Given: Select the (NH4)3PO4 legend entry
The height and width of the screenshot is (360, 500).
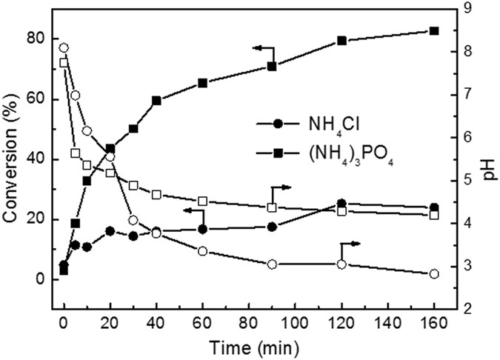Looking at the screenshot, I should tap(322, 153).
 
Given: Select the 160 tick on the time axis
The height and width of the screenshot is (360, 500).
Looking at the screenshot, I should tap(434, 322).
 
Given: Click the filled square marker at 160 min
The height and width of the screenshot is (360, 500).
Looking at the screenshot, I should tap(434, 31).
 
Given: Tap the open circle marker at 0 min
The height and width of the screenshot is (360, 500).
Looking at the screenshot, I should tap(64, 48).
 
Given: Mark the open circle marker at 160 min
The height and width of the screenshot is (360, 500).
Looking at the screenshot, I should tap(434, 274).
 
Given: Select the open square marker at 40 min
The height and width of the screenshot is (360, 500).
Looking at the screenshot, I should tap(156, 195).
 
